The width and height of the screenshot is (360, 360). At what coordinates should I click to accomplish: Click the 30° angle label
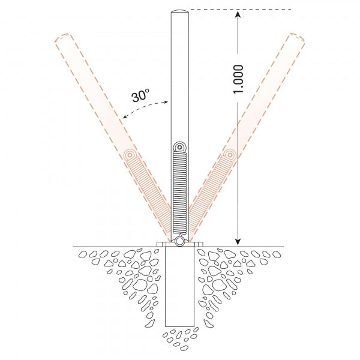140,95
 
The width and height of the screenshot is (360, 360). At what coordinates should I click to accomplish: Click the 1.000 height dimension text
238,79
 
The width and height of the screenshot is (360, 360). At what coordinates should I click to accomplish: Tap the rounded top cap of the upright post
180,11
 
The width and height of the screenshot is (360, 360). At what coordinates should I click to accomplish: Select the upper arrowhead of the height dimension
238,14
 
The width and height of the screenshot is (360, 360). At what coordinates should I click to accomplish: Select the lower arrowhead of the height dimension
238,242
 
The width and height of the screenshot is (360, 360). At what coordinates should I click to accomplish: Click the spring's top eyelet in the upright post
179,148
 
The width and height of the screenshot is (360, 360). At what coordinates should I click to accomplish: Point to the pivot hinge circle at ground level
179,242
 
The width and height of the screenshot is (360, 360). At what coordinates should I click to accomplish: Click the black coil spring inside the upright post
179,193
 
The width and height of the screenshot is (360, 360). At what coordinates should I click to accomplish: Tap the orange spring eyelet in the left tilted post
130,155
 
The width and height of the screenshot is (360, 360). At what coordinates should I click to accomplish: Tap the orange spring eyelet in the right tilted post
229,155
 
